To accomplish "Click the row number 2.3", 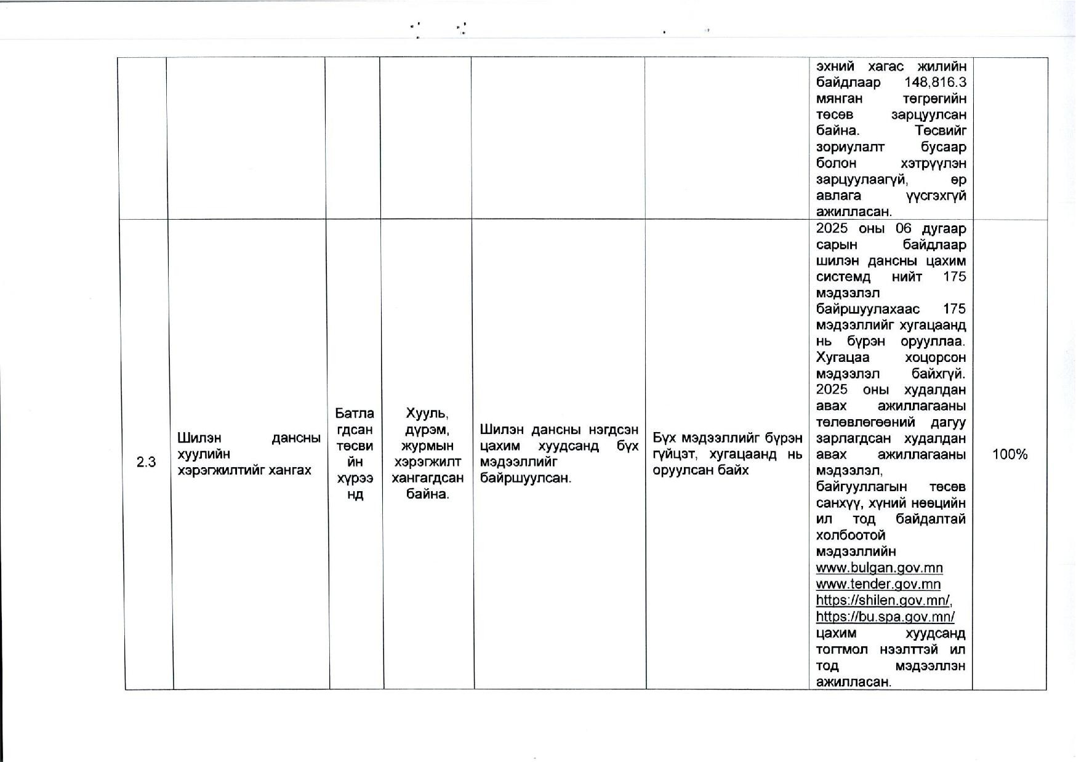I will click(x=146, y=462).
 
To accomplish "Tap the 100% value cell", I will click(x=1010, y=454).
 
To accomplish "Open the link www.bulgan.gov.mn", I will click(x=879, y=567).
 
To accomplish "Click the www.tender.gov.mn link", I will click(x=878, y=584).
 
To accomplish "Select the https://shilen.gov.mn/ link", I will click(x=884, y=600).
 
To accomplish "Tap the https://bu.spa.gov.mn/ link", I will click(x=885, y=616).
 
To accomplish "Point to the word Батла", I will click(x=355, y=413).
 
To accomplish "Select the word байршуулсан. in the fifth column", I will click(x=526, y=478).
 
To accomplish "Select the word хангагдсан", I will click(x=427, y=478).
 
